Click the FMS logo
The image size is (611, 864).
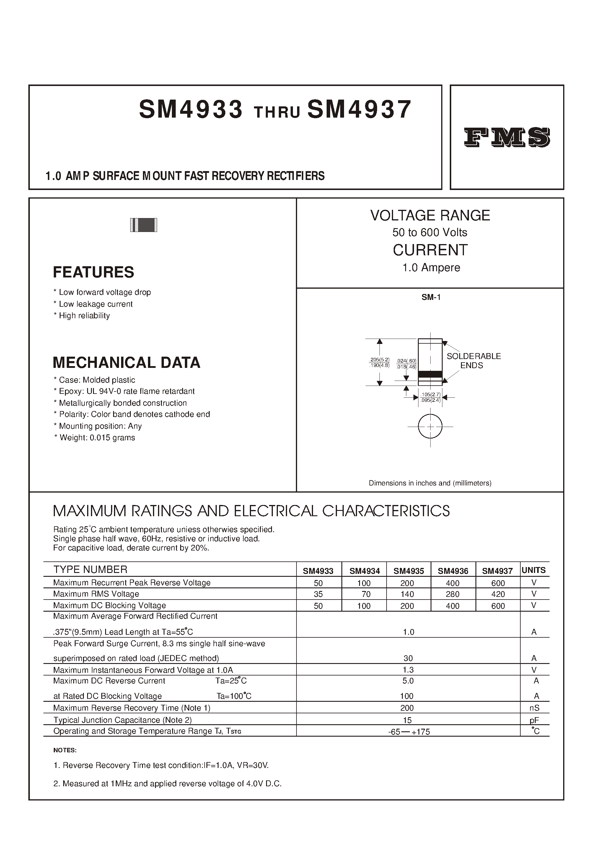click(507, 137)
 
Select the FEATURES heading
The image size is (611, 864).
click(93, 272)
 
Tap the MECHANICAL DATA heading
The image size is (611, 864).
click(126, 363)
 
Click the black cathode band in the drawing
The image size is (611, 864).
click(430, 374)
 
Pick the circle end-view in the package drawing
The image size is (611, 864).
click(430, 426)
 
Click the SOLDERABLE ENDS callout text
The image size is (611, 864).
click(473, 361)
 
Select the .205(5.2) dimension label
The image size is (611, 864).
click(379, 360)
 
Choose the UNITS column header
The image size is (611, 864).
click(534, 570)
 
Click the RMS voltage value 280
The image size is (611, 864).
click(453, 594)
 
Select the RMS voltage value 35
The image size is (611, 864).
click(318, 594)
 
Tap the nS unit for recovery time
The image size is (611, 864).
click(534, 708)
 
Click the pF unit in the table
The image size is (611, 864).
click(534, 720)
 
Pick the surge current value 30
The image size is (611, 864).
click(408, 658)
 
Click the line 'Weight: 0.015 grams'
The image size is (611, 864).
click(94, 437)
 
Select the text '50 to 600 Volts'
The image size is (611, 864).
click(430, 232)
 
